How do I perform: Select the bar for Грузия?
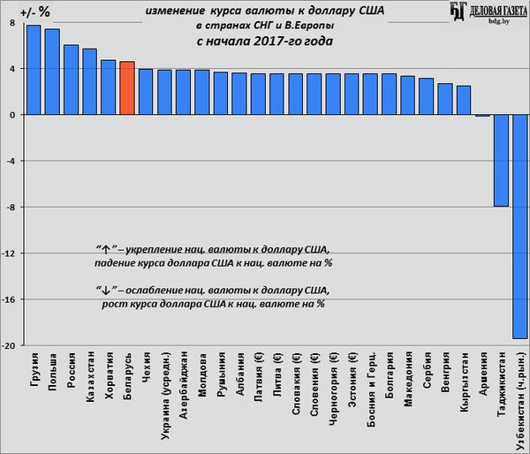34,70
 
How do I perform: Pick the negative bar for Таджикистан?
501,160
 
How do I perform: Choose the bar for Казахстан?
89,82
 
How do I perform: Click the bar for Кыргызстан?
464,101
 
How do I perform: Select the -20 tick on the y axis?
11,345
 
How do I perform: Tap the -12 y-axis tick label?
11,253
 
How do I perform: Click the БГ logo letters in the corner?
458,10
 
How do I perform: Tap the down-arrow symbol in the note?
102,291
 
